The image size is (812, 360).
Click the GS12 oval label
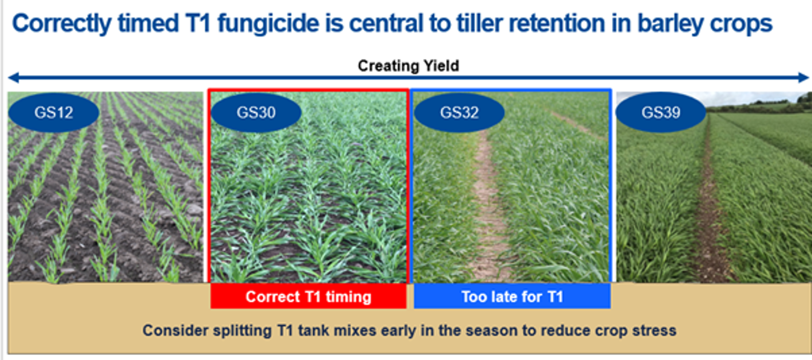[x=54, y=112]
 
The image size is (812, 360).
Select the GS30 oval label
[x=256, y=112]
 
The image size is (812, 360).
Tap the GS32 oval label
[x=459, y=112]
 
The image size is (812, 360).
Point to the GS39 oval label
[x=661, y=112]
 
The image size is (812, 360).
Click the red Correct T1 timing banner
[x=309, y=296]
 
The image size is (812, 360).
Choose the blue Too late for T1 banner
[x=512, y=296]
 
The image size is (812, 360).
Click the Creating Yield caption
[x=408, y=66]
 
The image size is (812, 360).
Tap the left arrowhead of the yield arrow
[x=13, y=77]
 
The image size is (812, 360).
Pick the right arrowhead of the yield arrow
[x=804, y=77]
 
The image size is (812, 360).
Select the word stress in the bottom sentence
[x=654, y=331]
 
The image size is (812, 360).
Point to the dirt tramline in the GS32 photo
[x=487, y=203]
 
